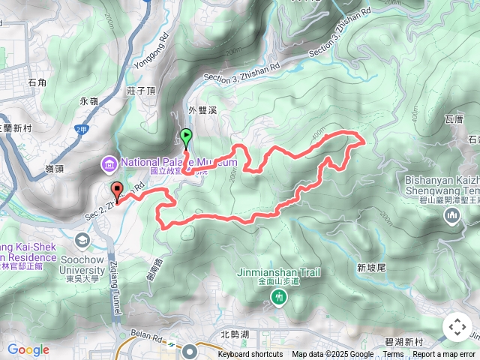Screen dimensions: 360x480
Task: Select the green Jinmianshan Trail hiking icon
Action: coord(279,298)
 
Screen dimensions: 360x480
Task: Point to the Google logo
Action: coord(28,349)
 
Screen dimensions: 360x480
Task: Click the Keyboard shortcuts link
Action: coord(250,355)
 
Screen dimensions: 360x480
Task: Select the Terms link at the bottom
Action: coord(393,355)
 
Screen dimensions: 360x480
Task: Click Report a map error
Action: coord(444,355)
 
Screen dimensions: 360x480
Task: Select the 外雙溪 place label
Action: coord(202,110)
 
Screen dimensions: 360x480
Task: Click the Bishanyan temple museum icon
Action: coord(451,217)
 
